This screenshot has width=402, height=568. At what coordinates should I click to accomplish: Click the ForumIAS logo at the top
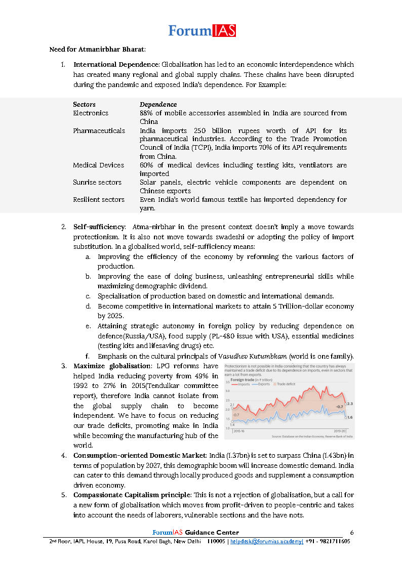(202, 31)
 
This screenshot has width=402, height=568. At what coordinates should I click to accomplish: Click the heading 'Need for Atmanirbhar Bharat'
(97, 50)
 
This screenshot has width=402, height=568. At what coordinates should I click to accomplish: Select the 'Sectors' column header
(84, 105)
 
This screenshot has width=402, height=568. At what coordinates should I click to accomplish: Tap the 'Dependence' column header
(158, 105)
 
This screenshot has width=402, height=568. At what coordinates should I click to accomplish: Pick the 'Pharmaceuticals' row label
(99, 130)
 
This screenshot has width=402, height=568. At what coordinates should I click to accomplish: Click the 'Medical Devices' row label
(98, 165)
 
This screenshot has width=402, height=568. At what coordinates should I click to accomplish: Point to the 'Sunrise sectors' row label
(97, 182)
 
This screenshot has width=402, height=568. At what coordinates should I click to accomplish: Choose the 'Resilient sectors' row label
(99, 199)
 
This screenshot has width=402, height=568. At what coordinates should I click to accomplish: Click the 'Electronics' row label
(91, 113)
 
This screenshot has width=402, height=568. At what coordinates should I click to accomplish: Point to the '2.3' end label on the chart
(349, 404)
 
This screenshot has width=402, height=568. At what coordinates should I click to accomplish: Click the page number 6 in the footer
(352, 532)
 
